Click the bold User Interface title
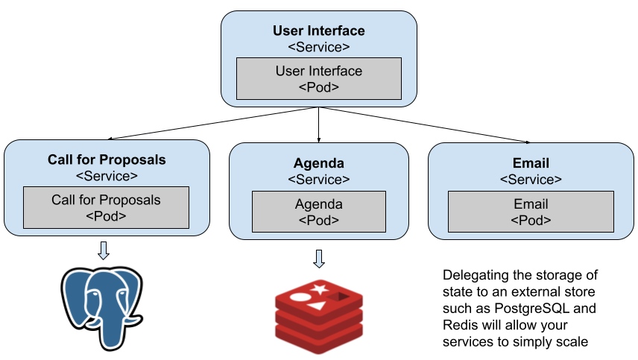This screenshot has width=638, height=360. pyautogui.click(x=319, y=31)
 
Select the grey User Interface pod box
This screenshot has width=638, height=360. pyautogui.click(x=319, y=78)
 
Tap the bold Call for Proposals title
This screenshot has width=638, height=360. pyautogui.click(x=107, y=160)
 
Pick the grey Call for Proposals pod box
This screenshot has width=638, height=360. pyautogui.click(x=106, y=208)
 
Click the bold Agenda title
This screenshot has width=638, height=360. pyautogui.click(x=319, y=163)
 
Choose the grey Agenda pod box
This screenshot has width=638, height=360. pyautogui.click(x=319, y=212)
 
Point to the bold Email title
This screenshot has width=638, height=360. pyautogui.click(x=531, y=163)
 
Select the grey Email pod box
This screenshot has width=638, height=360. pyautogui.click(x=531, y=212)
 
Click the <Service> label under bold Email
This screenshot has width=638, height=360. pyautogui.click(x=531, y=180)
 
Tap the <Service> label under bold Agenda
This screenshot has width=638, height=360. pyautogui.click(x=319, y=180)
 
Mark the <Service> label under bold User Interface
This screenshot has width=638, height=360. pyautogui.click(x=319, y=48)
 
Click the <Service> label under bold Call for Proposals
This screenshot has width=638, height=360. pyautogui.click(x=107, y=176)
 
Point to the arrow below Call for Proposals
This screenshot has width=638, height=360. pyautogui.click(x=104, y=250)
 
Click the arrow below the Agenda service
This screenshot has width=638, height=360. pyautogui.click(x=319, y=259)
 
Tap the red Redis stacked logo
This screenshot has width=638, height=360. pyautogui.click(x=319, y=316)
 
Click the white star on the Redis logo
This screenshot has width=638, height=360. pyautogui.click(x=320, y=289)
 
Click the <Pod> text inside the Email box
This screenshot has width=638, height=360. pyautogui.click(x=531, y=221)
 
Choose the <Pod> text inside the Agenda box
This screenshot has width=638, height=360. pyautogui.click(x=319, y=221)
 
